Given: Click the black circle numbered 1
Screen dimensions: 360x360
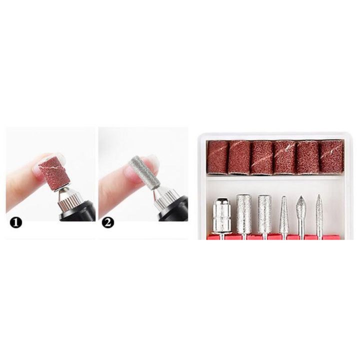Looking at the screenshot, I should pos(16,222).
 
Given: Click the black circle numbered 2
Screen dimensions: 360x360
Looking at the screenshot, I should pos(107,222).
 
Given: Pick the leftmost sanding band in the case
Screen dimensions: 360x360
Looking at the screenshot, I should pos(217,156).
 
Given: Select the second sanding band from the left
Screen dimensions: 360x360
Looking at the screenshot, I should pos(239,157).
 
